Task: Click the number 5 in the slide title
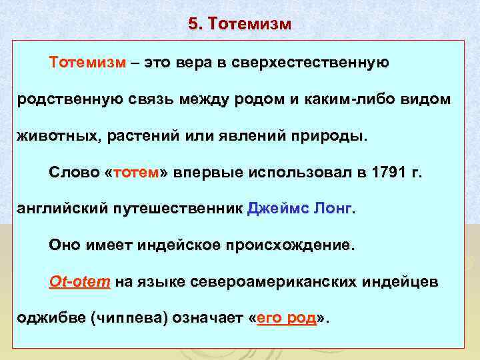[x=193, y=24]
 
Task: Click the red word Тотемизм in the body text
[x=87, y=63]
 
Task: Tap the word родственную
[x=68, y=99]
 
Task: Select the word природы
[x=332, y=136]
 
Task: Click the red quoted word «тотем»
[x=137, y=173]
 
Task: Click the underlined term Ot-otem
[x=79, y=282]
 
